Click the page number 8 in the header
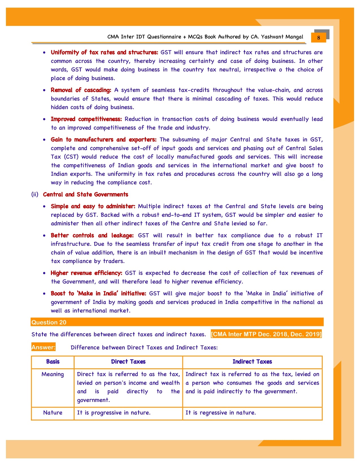point(318,38)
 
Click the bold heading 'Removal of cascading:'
point(81,90)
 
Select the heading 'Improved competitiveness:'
point(86,119)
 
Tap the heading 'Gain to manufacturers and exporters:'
point(103,140)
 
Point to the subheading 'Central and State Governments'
point(85,194)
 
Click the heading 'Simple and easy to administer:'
point(93,206)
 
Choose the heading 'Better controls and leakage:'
point(92,235)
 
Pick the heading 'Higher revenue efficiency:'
point(86,273)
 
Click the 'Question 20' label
point(49,322)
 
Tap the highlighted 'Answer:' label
point(43,347)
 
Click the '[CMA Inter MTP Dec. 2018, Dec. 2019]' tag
point(266,334)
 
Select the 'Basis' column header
point(53,362)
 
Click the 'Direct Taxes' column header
point(128,362)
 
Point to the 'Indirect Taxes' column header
point(252,362)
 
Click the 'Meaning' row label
point(53,374)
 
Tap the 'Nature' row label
point(53,413)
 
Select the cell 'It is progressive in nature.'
point(114,413)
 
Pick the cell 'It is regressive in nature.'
point(221,413)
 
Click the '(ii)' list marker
point(35,194)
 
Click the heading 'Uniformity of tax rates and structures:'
point(104,52)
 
